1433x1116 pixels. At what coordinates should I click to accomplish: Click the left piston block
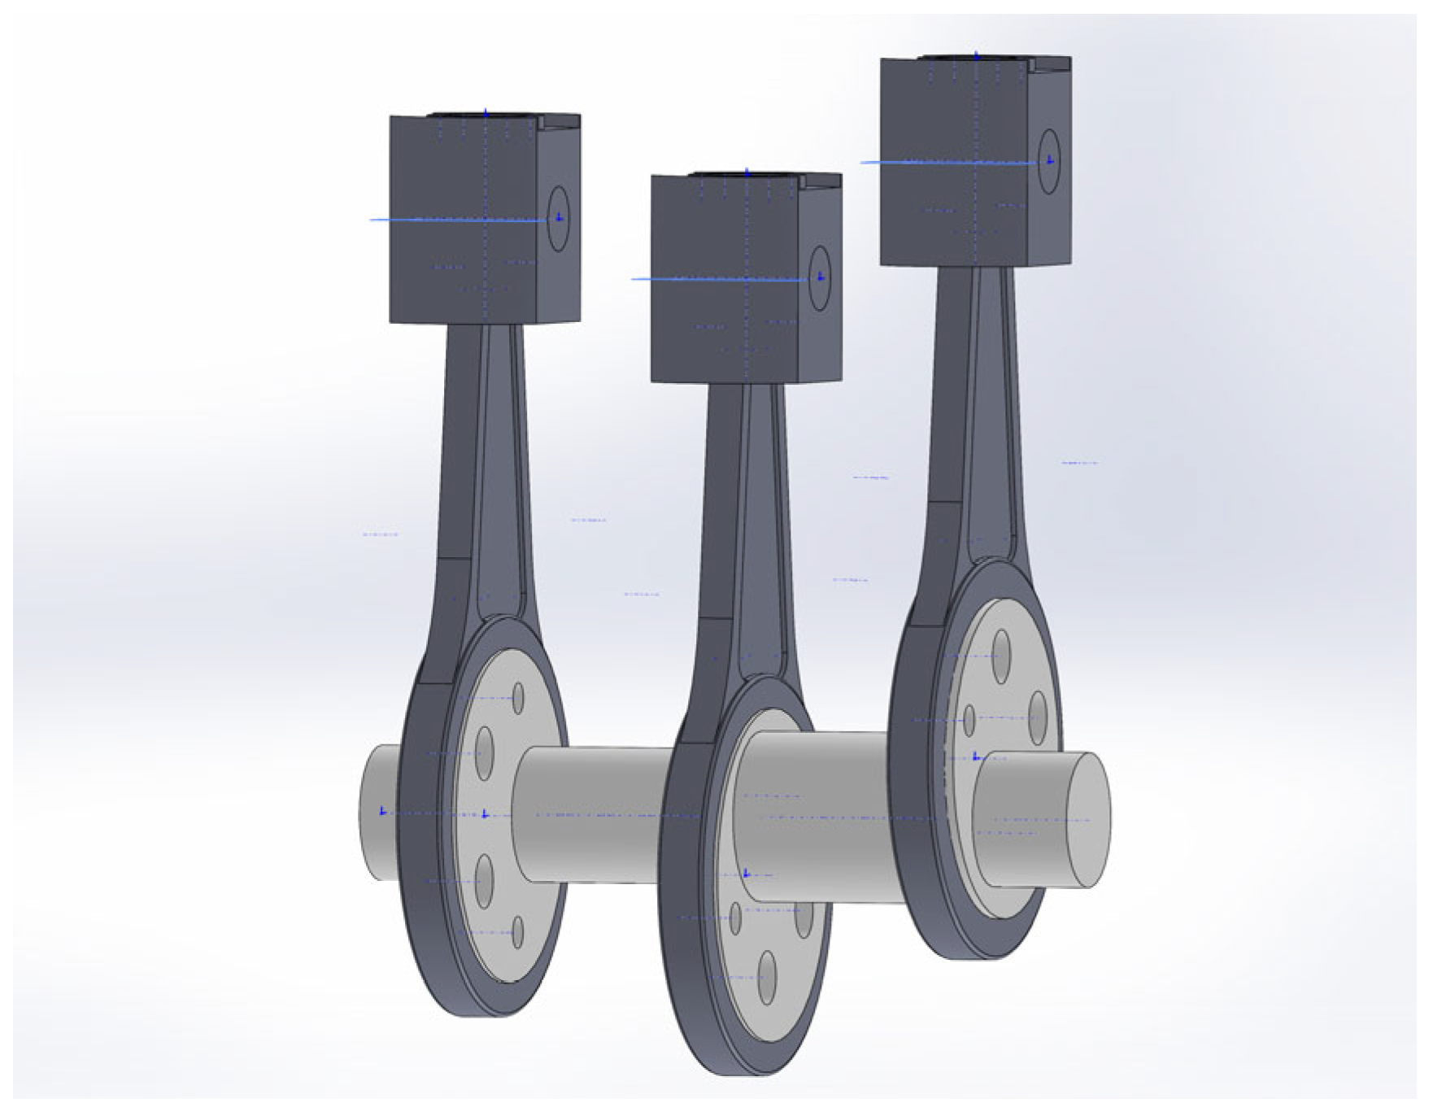point(464,220)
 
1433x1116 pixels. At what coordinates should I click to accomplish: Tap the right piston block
point(956,163)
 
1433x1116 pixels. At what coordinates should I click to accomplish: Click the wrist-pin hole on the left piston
point(558,218)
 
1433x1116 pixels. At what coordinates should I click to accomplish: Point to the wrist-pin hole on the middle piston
point(820,278)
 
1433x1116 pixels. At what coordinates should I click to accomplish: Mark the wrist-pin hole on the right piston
point(1049,161)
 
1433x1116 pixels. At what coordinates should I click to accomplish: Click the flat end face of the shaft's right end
point(1088,820)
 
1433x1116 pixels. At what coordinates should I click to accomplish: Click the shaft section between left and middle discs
point(594,813)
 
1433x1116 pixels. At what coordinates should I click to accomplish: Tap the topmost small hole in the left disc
point(518,699)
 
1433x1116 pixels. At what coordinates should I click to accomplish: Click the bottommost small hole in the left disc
point(517,932)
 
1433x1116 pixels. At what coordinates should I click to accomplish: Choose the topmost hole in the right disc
point(1002,652)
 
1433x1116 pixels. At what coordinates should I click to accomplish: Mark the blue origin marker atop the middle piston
point(747,172)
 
